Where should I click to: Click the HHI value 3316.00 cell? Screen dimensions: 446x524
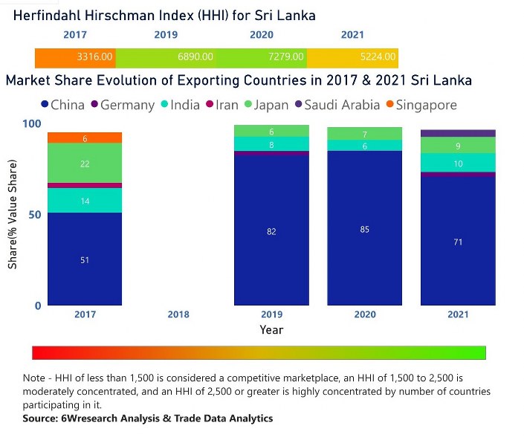(x=75, y=57)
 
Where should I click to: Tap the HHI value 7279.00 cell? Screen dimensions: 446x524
(x=261, y=57)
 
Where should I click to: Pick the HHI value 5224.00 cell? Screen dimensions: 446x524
(x=352, y=57)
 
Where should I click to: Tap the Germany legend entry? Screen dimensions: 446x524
(x=122, y=105)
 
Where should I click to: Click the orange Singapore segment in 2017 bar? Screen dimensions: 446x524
(x=85, y=138)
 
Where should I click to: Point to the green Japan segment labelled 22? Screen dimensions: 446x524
(x=85, y=164)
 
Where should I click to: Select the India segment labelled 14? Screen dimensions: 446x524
(x=85, y=201)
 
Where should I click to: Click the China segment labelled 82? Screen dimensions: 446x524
(x=271, y=231)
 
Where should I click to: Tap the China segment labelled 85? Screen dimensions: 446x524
(x=364, y=229)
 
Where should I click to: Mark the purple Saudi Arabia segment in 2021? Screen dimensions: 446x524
(x=458, y=133)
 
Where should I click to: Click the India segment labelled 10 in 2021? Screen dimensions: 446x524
(x=458, y=163)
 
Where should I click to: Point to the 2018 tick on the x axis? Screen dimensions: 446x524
(x=178, y=314)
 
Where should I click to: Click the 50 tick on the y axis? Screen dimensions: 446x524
(x=31, y=214)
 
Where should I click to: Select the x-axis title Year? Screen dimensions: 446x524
(x=271, y=329)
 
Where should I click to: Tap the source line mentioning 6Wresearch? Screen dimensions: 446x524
(x=148, y=418)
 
